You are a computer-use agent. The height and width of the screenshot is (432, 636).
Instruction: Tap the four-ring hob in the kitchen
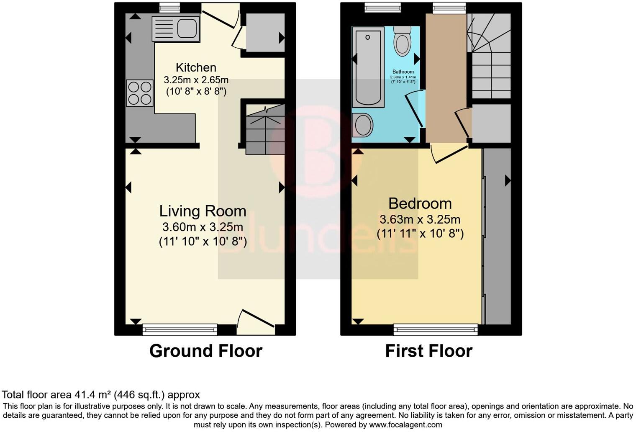click(140, 93)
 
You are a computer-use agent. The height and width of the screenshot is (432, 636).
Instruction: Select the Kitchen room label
click(196, 67)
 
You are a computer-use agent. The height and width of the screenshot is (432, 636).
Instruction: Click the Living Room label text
click(203, 211)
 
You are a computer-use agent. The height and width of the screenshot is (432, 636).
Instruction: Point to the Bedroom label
click(420, 203)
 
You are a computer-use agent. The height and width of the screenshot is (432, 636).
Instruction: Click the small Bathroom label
click(403, 72)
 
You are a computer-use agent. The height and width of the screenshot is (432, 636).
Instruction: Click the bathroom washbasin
click(362, 125)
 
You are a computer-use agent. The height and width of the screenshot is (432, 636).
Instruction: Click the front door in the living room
click(255, 320)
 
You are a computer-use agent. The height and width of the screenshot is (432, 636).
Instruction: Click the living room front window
click(180, 330)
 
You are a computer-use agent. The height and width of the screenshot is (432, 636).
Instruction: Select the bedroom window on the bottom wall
click(436, 330)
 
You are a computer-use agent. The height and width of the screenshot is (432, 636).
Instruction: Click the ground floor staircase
click(264, 130)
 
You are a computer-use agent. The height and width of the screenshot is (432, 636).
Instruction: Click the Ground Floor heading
click(205, 351)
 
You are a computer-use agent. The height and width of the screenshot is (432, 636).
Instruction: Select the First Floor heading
click(428, 351)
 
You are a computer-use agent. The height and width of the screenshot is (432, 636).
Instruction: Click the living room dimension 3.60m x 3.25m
click(203, 227)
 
